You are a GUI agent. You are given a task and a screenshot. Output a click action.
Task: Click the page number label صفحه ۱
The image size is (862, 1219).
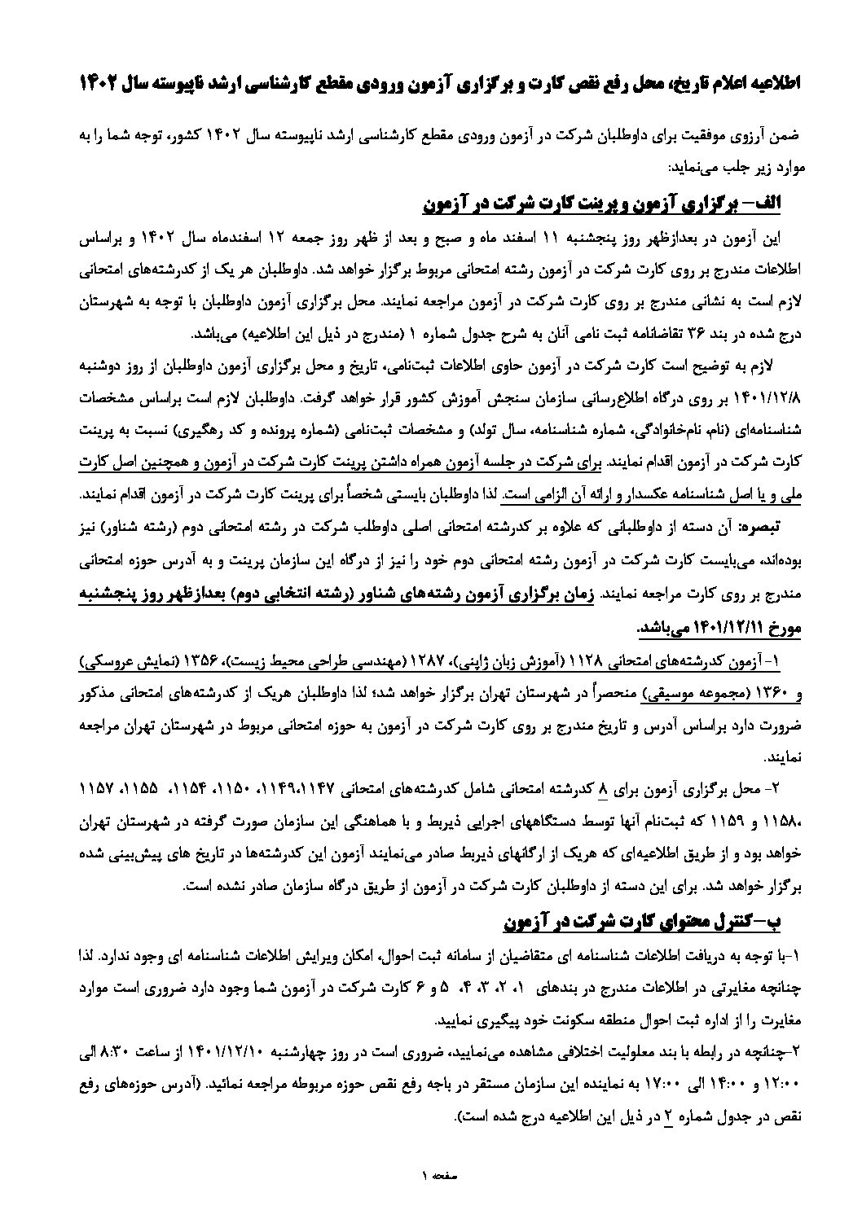pos(431,1173)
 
